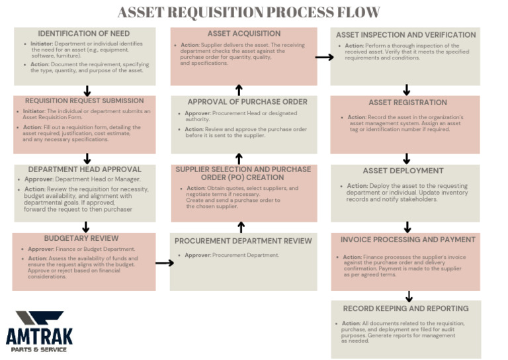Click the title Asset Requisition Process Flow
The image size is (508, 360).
[x=249, y=13]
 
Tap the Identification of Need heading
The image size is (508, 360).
[x=85, y=34]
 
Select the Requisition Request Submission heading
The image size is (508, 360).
[x=85, y=101]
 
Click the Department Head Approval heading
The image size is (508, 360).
[x=85, y=169]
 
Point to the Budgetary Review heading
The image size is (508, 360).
[x=81, y=238]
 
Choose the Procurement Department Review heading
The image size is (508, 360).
[x=243, y=241]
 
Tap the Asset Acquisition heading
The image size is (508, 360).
[x=244, y=34]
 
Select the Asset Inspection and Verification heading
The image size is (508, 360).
[x=405, y=35]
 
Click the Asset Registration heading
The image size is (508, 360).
[x=407, y=103]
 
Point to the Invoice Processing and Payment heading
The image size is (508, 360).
[x=407, y=240]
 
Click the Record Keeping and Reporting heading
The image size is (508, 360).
[x=405, y=308]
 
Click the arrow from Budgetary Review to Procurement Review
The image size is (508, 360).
[x=164, y=263]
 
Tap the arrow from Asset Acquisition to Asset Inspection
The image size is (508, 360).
[x=324, y=58]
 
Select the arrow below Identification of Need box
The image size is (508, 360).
[x=87, y=91]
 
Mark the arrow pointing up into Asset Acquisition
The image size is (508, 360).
[x=239, y=90]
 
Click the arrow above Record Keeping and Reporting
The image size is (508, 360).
[x=409, y=296]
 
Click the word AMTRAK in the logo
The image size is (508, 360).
[x=39, y=337]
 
